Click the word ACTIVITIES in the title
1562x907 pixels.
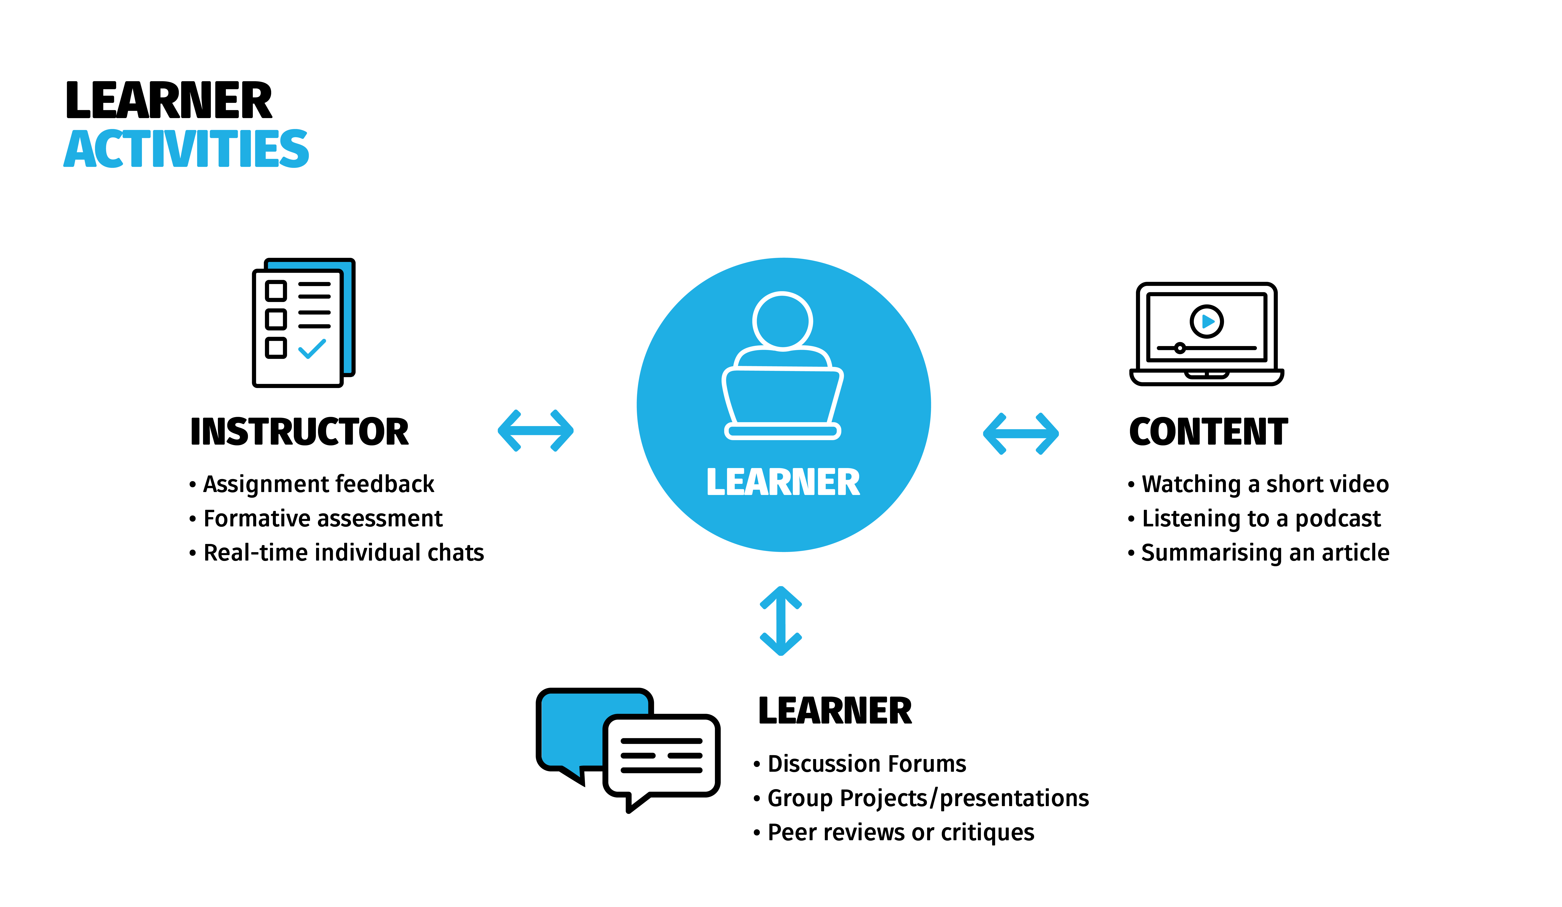(186, 149)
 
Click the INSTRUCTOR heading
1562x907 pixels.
(299, 432)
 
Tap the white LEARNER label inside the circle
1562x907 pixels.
(783, 482)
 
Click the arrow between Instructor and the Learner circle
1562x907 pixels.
(536, 431)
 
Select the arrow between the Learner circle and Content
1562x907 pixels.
(1021, 434)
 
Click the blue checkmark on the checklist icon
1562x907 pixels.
(312, 349)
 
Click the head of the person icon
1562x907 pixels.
(782, 320)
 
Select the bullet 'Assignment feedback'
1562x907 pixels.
(319, 484)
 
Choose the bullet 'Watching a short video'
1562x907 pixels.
(1264, 484)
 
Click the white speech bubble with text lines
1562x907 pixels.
(661, 756)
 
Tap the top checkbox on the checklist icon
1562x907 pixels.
(276, 291)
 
